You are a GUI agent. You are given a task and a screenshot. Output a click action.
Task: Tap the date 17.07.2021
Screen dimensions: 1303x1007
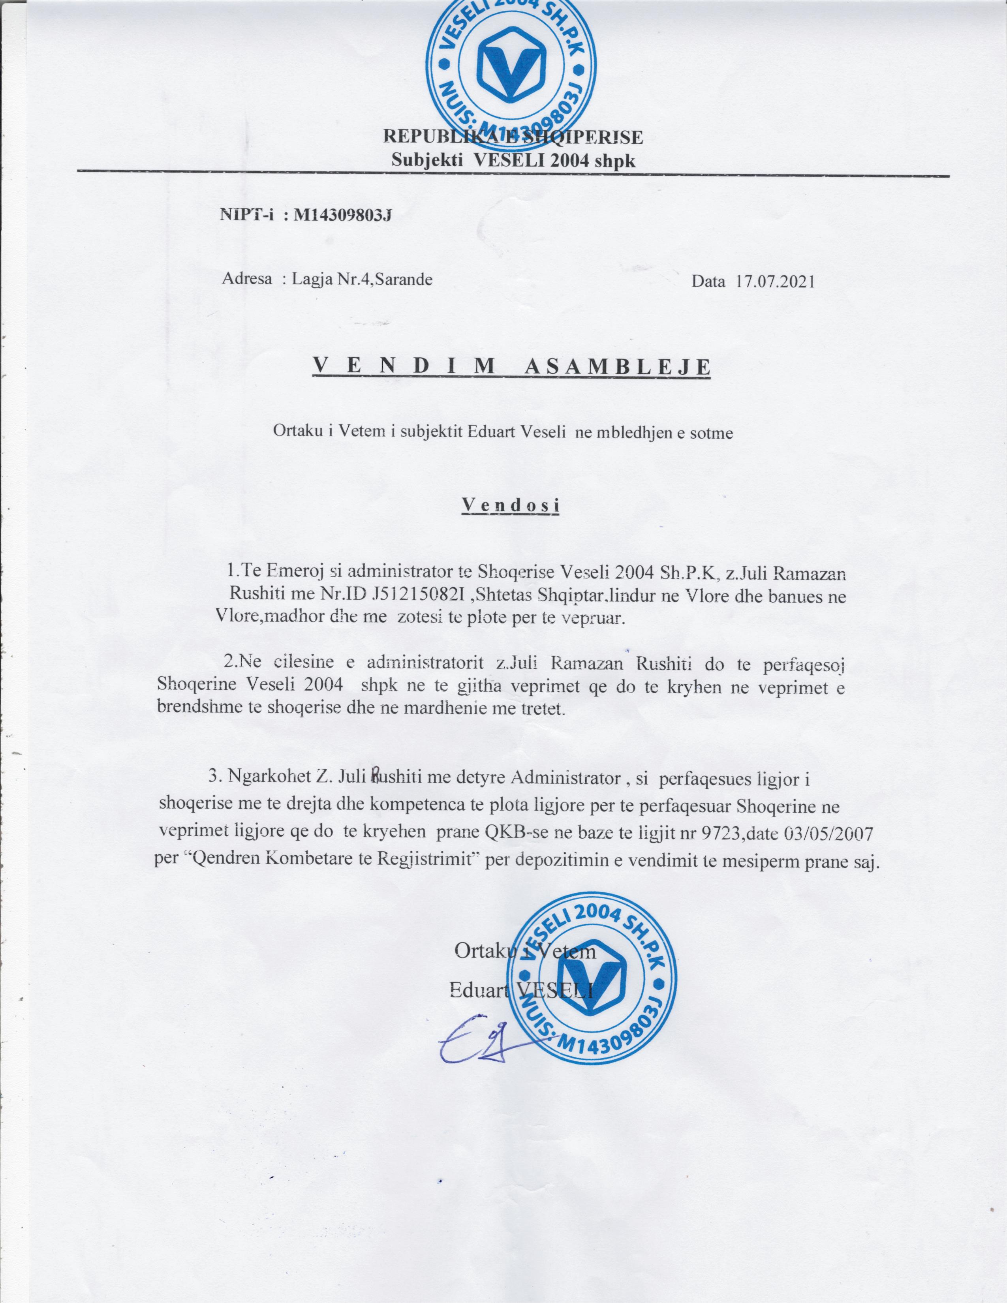pyautogui.click(x=776, y=282)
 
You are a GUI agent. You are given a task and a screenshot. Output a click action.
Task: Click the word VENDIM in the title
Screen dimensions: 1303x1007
pyautogui.click(x=403, y=366)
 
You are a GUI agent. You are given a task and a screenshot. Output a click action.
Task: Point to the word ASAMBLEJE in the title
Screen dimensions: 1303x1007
pyautogui.click(x=617, y=367)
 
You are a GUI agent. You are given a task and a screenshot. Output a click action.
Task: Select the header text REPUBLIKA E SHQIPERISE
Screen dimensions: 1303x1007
pyautogui.click(x=513, y=137)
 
